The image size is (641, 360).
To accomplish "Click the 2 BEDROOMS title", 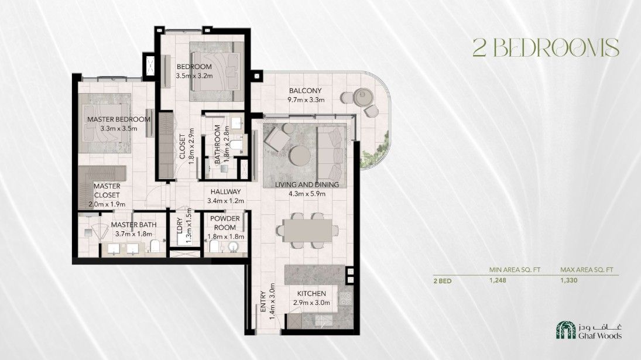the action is point(546,48).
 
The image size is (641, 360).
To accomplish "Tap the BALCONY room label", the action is point(305,91).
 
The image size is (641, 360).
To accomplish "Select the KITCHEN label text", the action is point(311,293).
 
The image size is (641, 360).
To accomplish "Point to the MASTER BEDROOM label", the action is point(119,119).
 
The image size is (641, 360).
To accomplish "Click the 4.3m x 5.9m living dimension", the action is point(307,194).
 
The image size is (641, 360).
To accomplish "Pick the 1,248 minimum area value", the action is point(498,280).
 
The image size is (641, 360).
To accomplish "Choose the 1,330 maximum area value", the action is point(568,280).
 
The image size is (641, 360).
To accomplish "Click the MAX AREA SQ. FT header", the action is point(587,270).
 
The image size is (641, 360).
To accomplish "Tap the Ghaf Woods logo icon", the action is point(565,330).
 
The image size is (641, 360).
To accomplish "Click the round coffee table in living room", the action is point(300,156).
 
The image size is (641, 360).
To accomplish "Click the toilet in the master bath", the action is point(155,246).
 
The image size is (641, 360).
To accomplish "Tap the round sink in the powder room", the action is point(232,246).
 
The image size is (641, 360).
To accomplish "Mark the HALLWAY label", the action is point(225,191).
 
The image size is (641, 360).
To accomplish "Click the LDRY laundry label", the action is point(180,226).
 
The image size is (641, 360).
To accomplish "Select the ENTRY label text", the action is point(263,301).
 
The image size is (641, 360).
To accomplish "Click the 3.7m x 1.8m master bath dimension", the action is point(133,234).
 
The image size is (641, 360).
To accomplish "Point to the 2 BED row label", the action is point(443,281).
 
